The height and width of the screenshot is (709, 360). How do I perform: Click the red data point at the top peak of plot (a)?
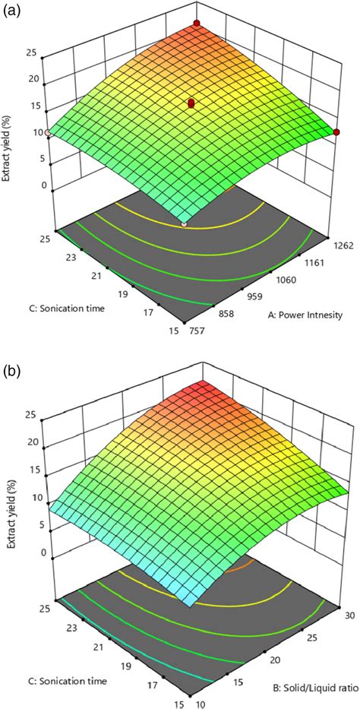(x=197, y=25)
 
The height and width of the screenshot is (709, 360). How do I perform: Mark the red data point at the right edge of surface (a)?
(x=336, y=132)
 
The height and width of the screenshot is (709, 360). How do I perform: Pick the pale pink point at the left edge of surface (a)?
(x=48, y=133)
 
